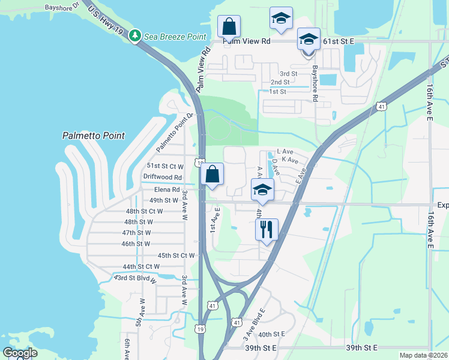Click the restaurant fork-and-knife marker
tap(267, 229)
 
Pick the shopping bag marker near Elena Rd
tap(212, 175)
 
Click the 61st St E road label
tap(339, 41)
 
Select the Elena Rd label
tap(167, 190)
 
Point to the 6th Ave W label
tap(127, 348)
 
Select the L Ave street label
tap(284, 152)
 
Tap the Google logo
tap(20, 353)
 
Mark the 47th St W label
tap(136, 233)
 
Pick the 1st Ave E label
tap(212, 220)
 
